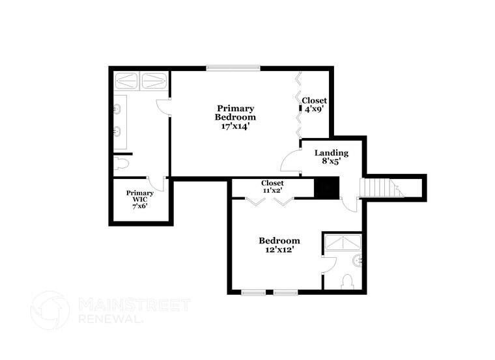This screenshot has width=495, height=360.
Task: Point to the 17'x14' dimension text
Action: pyautogui.click(x=235, y=126)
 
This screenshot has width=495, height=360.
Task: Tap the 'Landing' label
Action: pyautogui.click(x=332, y=153)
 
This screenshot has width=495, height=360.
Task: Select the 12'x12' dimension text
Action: pyautogui.click(x=279, y=249)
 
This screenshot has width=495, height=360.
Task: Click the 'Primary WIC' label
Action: pyautogui.click(x=140, y=196)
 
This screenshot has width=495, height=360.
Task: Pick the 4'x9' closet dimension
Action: pyautogui.click(x=314, y=109)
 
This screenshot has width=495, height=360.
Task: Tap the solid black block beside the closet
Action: pyautogui.click(x=327, y=188)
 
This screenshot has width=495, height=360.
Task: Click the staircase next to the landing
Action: pyautogui.click(x=379, y=188)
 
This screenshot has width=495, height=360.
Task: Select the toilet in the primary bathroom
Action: pyautogui.click(x=121, y=163)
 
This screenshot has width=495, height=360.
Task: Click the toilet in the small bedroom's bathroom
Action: pyautogui.click(x=347, y=281)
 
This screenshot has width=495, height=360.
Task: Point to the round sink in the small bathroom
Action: pyautogui.click(x=358, y=261)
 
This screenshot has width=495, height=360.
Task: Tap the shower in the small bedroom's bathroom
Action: pyautogui.click(x=342, y=242)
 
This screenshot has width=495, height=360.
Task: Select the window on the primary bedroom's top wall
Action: pyautogui.click(x=233, y=67)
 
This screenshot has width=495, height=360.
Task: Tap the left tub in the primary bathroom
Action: pyautogui.click(x=127, y=81)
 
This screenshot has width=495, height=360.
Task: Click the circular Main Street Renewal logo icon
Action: pyautogui.click(x=49, y=310)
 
